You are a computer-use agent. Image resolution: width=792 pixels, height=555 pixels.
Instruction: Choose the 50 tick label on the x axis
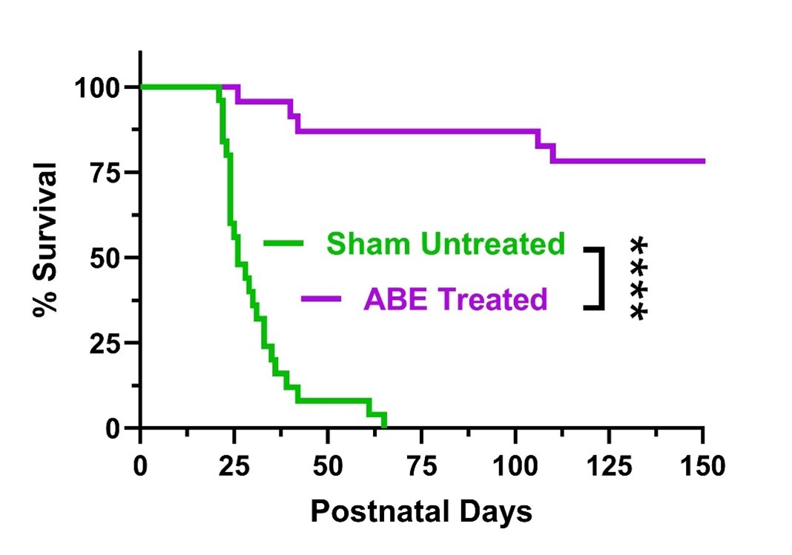328,467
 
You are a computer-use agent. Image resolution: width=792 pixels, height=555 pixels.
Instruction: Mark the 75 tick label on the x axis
422,467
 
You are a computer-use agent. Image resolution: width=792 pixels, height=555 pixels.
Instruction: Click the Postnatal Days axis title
420,511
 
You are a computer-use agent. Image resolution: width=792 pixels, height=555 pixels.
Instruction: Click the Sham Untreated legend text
446,243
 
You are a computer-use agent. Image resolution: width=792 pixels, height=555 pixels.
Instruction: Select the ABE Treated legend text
455,299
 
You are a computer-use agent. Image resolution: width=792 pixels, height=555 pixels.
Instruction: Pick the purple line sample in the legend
321,299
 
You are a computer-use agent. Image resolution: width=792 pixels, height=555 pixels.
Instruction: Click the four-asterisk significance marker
637,278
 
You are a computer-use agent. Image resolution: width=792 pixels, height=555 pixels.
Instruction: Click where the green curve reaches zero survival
384,427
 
